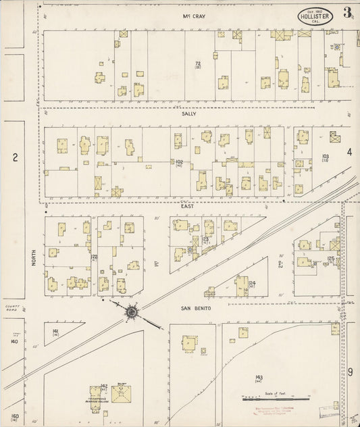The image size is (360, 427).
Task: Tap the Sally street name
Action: tap(188, 114)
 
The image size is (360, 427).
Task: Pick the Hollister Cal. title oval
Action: tap(316, 16)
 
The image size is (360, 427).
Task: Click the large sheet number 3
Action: tap(346, 12)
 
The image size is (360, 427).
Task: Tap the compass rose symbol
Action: tap(130, 311)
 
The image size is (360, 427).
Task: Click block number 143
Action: tap(259, 377)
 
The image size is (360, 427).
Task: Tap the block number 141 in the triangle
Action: tap(56, 330)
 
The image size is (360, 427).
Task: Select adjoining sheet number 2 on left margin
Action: tap(14, 157)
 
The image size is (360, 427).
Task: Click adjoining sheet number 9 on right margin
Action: tap(351, 372)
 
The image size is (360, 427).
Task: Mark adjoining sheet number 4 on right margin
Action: tap(350, 153)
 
